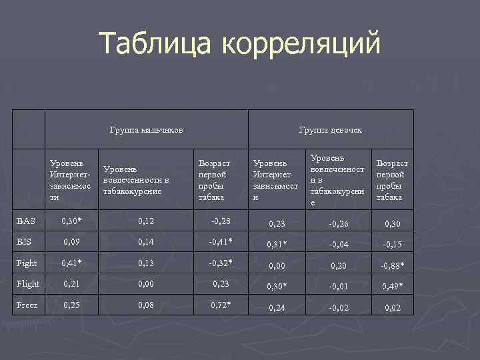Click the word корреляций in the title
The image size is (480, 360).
point(301,44)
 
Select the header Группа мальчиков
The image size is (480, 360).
point(147,129)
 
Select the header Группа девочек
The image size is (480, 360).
point(331,129)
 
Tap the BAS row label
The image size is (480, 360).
point(27,221)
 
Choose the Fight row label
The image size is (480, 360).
point(28,263)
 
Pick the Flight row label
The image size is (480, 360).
point(29,284)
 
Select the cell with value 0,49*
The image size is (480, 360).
point(392,287)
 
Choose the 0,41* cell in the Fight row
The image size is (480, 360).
point(71,263)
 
